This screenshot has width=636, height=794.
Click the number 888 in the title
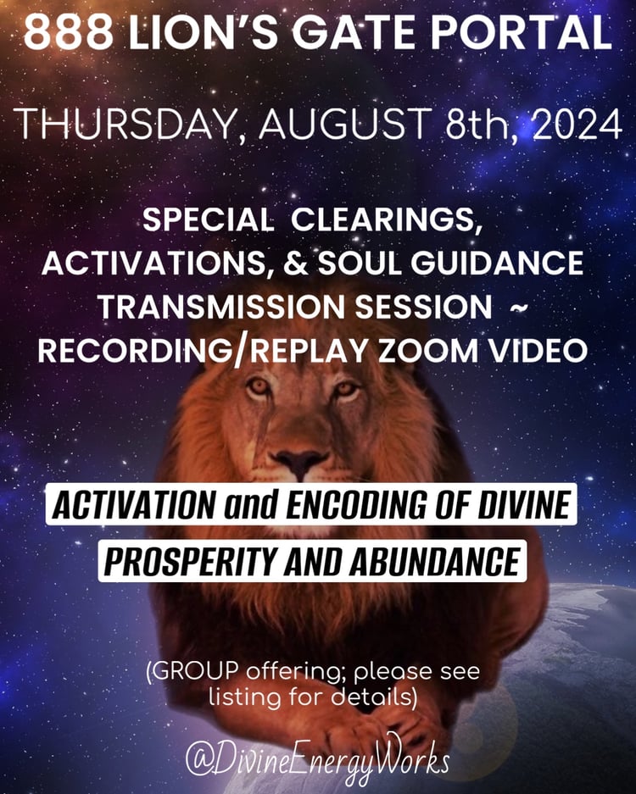pyautogui.click(x=69, y=32)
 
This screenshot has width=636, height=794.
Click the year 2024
pyautogui.click(x=577, y=124)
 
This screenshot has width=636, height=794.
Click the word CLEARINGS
pyautogui.click(x=385, y=219)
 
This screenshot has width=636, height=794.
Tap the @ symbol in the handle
pyautogui.click(x=198, y=762)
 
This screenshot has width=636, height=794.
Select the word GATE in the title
pyautogui.click(x=354, y=32)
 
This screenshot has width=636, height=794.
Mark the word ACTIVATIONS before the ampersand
pyautogui.click(x=153, y=264)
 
